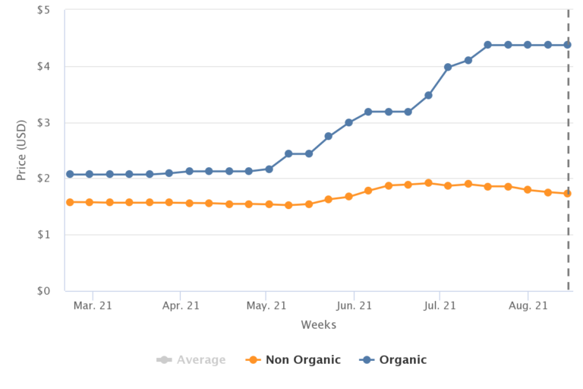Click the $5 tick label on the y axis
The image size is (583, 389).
click(x=44, y=11)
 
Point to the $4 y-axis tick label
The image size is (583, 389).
click(x=44, y=67)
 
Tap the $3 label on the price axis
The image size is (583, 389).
click(x=44, y=123)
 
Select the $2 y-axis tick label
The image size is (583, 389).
click(x=44, y=179)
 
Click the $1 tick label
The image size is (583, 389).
click(x=44, y=235)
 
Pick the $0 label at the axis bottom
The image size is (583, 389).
click(x=44, y=291)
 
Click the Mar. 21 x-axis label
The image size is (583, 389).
click(x=93, y=306)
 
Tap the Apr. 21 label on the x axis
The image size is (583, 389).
click(x=180, y=306)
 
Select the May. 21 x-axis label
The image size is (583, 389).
click(x=266, y=306)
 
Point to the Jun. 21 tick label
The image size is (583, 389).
click(x=354, y=306)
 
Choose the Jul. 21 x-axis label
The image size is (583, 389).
click(x=440, y=306)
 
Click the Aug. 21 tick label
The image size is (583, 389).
click(x=528, y=306)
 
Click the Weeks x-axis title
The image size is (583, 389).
click(x=318, y=325)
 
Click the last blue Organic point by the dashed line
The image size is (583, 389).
click(x=567, y=45)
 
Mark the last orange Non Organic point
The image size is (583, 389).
click(x=567, y=194)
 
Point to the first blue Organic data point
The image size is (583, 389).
click(x=70, y=174)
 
